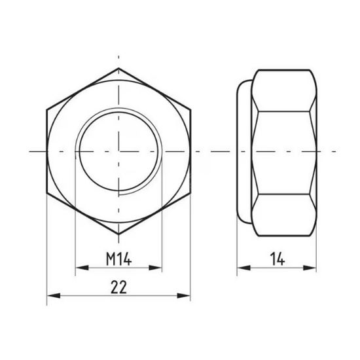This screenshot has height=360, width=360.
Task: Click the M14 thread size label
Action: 119,259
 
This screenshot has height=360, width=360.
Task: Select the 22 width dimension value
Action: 119,287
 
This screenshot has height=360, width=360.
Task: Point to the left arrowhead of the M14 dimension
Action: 79,267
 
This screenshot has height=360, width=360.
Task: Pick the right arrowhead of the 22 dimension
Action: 188,295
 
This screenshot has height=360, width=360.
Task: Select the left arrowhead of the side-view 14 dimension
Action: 240,267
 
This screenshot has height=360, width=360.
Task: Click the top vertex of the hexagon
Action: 119,67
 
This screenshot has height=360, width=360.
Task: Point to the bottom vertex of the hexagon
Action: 119,234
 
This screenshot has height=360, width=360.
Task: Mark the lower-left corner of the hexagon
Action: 48,192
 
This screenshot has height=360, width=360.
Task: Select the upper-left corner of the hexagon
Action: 48,109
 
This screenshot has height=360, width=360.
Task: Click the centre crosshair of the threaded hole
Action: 119,151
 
